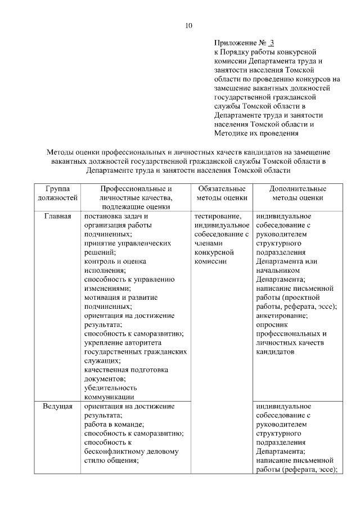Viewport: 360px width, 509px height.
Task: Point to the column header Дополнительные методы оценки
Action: [x=298, y=193]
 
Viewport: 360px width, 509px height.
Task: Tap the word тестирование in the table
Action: [x=218, y=216]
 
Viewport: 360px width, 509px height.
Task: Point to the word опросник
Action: [x=273, y=325]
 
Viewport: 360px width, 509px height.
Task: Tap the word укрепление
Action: [x=104, y=343]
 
